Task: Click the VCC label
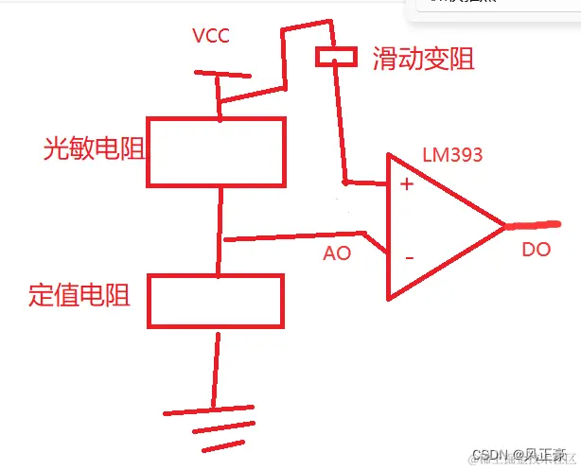pos(211,36)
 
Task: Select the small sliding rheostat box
pos(337,58)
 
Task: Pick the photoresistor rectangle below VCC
pos(216,151)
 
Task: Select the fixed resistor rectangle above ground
pos(217,302)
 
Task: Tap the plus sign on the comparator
pos(407,184)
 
